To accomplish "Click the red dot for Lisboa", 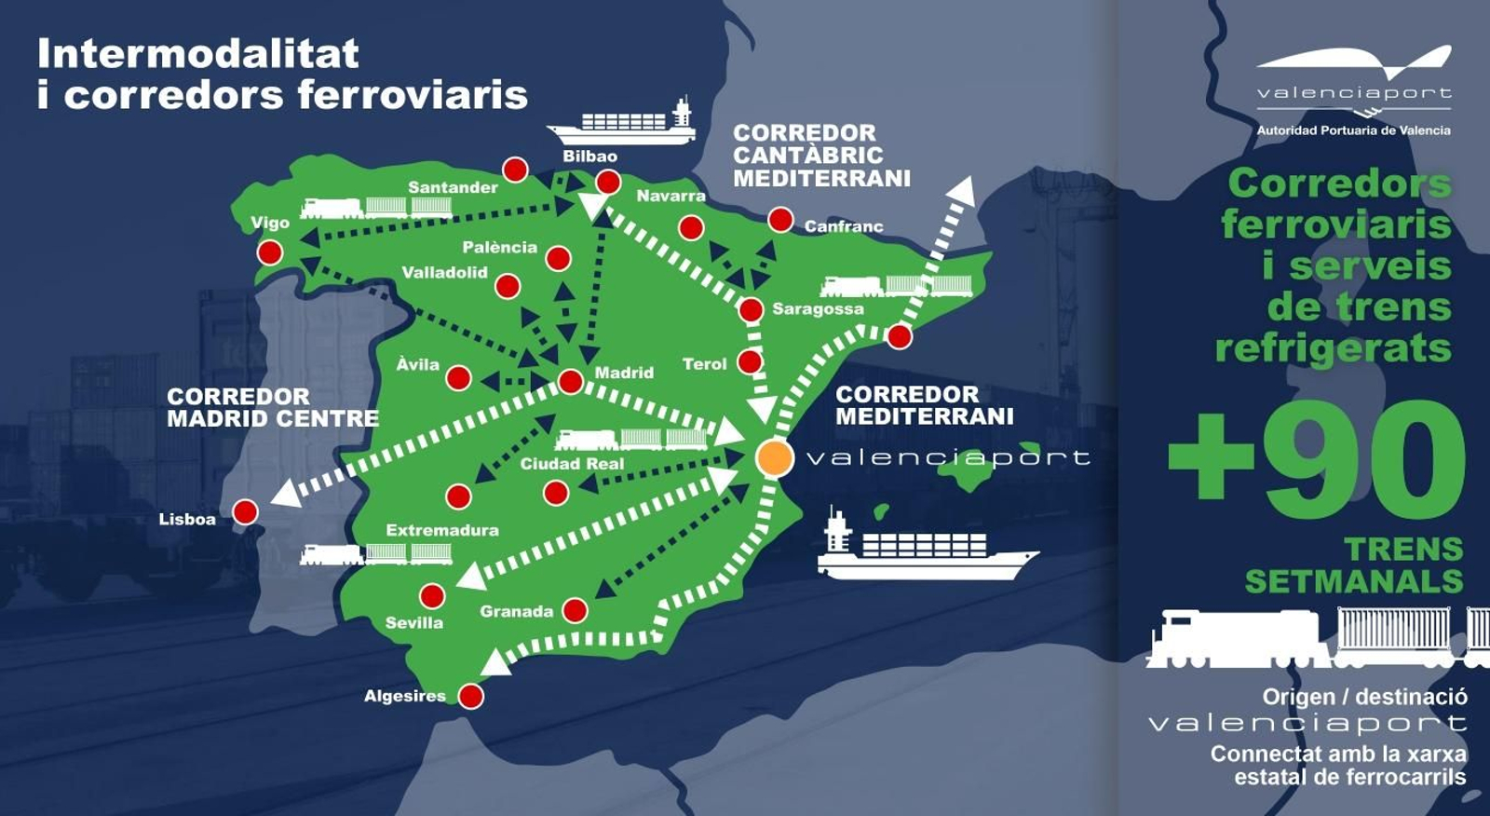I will pyautogui.click(x=245, y=511).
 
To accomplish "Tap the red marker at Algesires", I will pyautogui.click(x=471, y=696).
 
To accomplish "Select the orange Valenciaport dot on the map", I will pyautogui.click(x=774, y=457).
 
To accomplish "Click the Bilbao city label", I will pyautogui.click(x=589, y=156).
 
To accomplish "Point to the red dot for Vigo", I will pyautogui.click(x=270, y=252).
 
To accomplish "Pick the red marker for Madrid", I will pyautogui.click(x=570, y=381).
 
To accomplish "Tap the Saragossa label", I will pyautogui.click(x=818, y=308).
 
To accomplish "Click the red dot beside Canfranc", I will pyautogui.click(x=780, y=220).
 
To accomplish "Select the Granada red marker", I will pyautogui.click(x=575, y=611).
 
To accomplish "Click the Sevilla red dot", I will pyautogui.click(x=432, y=595).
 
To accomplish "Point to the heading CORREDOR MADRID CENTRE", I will pyautogui.click(x=272, y=408).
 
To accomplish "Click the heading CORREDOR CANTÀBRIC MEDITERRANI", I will pyautogui.click(x=820, y=156).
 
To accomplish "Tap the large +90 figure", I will pyautogui.click(x=1316, y=459).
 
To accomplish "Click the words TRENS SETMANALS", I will pyautogui.click(x=1355, y=565).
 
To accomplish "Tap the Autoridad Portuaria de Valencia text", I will pyautogui.click(x=1353, y=130).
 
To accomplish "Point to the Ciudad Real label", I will pyautogui.click(x=572, y=463).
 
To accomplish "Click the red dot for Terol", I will pyautogui.click(x=750, y=361).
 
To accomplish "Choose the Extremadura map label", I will pyautogui.click(x=442, y=530).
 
